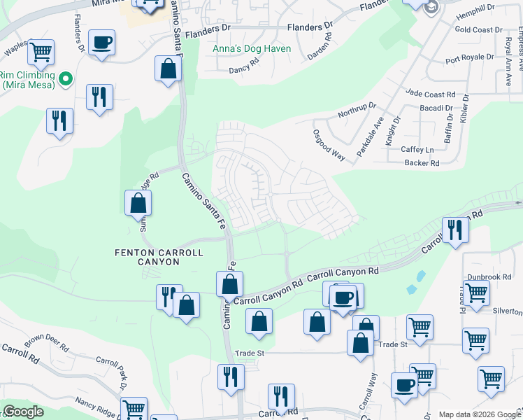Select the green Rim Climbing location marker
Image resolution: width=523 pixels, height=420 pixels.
coord(66,79)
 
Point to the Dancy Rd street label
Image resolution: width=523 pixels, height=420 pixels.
coord(248,70)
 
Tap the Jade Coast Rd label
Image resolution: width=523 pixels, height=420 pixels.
coord(431,94)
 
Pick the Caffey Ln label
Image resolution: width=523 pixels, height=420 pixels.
coord(417,150)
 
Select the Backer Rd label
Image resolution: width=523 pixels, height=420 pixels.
coord(421,163)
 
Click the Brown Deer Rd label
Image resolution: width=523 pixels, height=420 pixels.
coord(48,345)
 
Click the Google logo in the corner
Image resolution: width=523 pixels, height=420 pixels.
coord(24,412)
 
